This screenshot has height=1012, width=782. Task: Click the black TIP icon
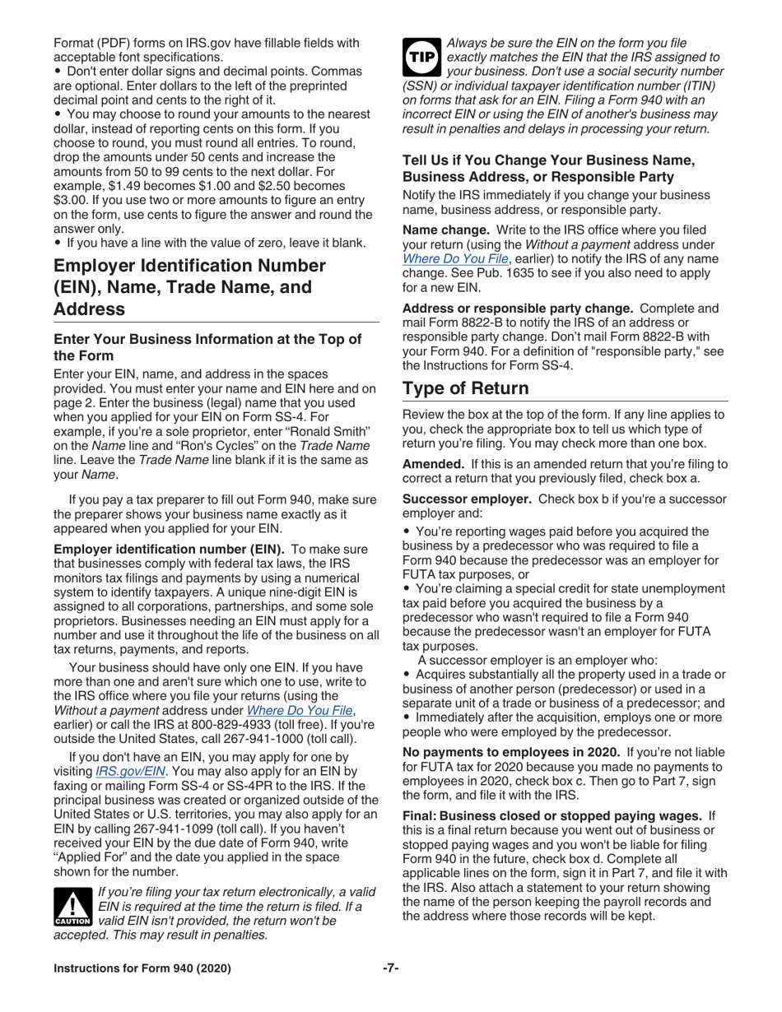[420, 58]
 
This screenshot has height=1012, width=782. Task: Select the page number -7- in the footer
[390, 968]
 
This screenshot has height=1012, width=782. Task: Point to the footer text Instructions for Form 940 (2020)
[142, 968]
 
